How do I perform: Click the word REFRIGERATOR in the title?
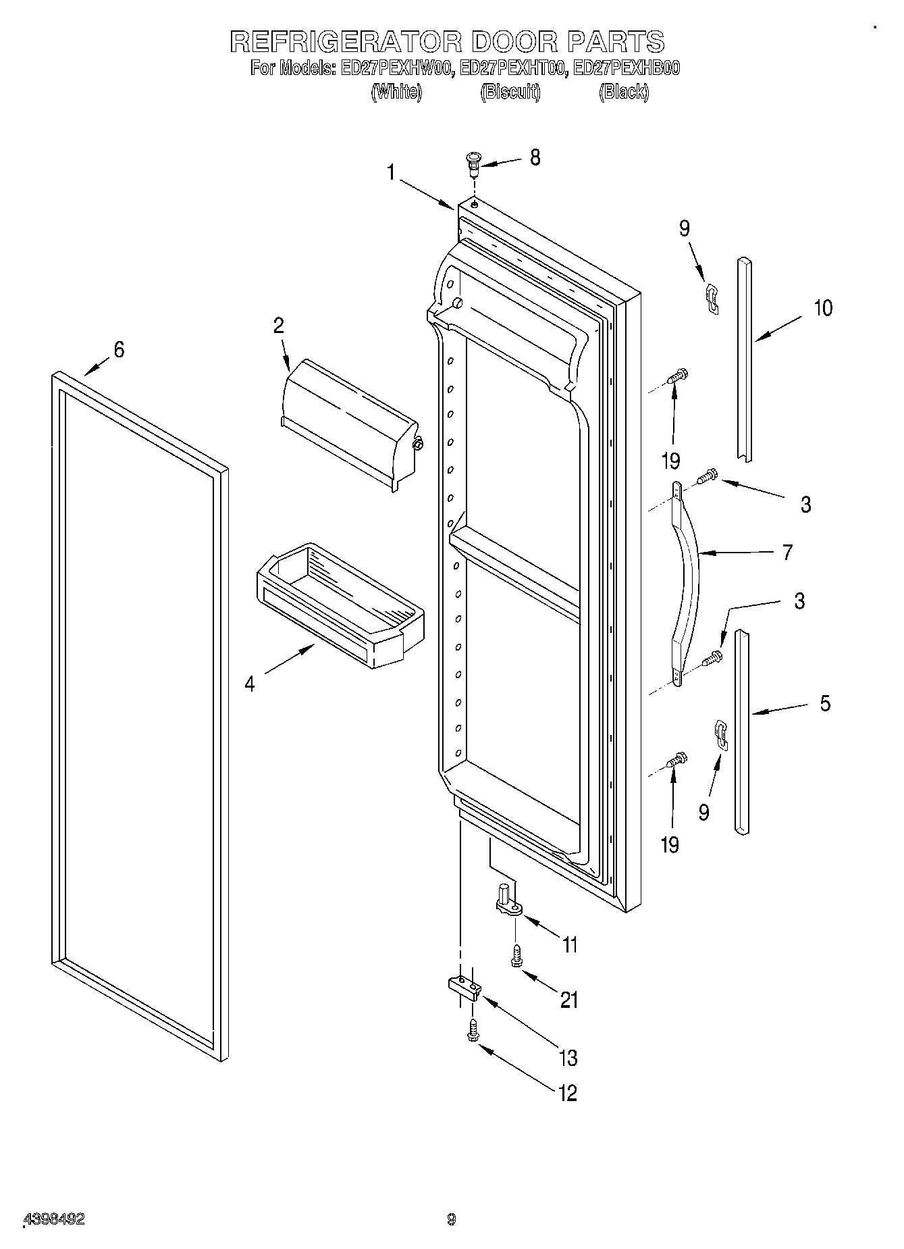coord(346,42)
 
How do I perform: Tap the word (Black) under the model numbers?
coord(623,93)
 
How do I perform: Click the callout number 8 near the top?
coord(535,157)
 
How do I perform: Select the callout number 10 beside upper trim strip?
coord(823,308)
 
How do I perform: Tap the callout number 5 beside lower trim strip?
coord(825,703)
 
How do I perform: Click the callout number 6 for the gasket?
coord(119,349)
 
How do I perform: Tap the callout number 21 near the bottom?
coord(569,1000)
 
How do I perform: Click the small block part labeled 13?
coord(464,988)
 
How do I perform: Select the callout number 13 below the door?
coord(568,1057)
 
